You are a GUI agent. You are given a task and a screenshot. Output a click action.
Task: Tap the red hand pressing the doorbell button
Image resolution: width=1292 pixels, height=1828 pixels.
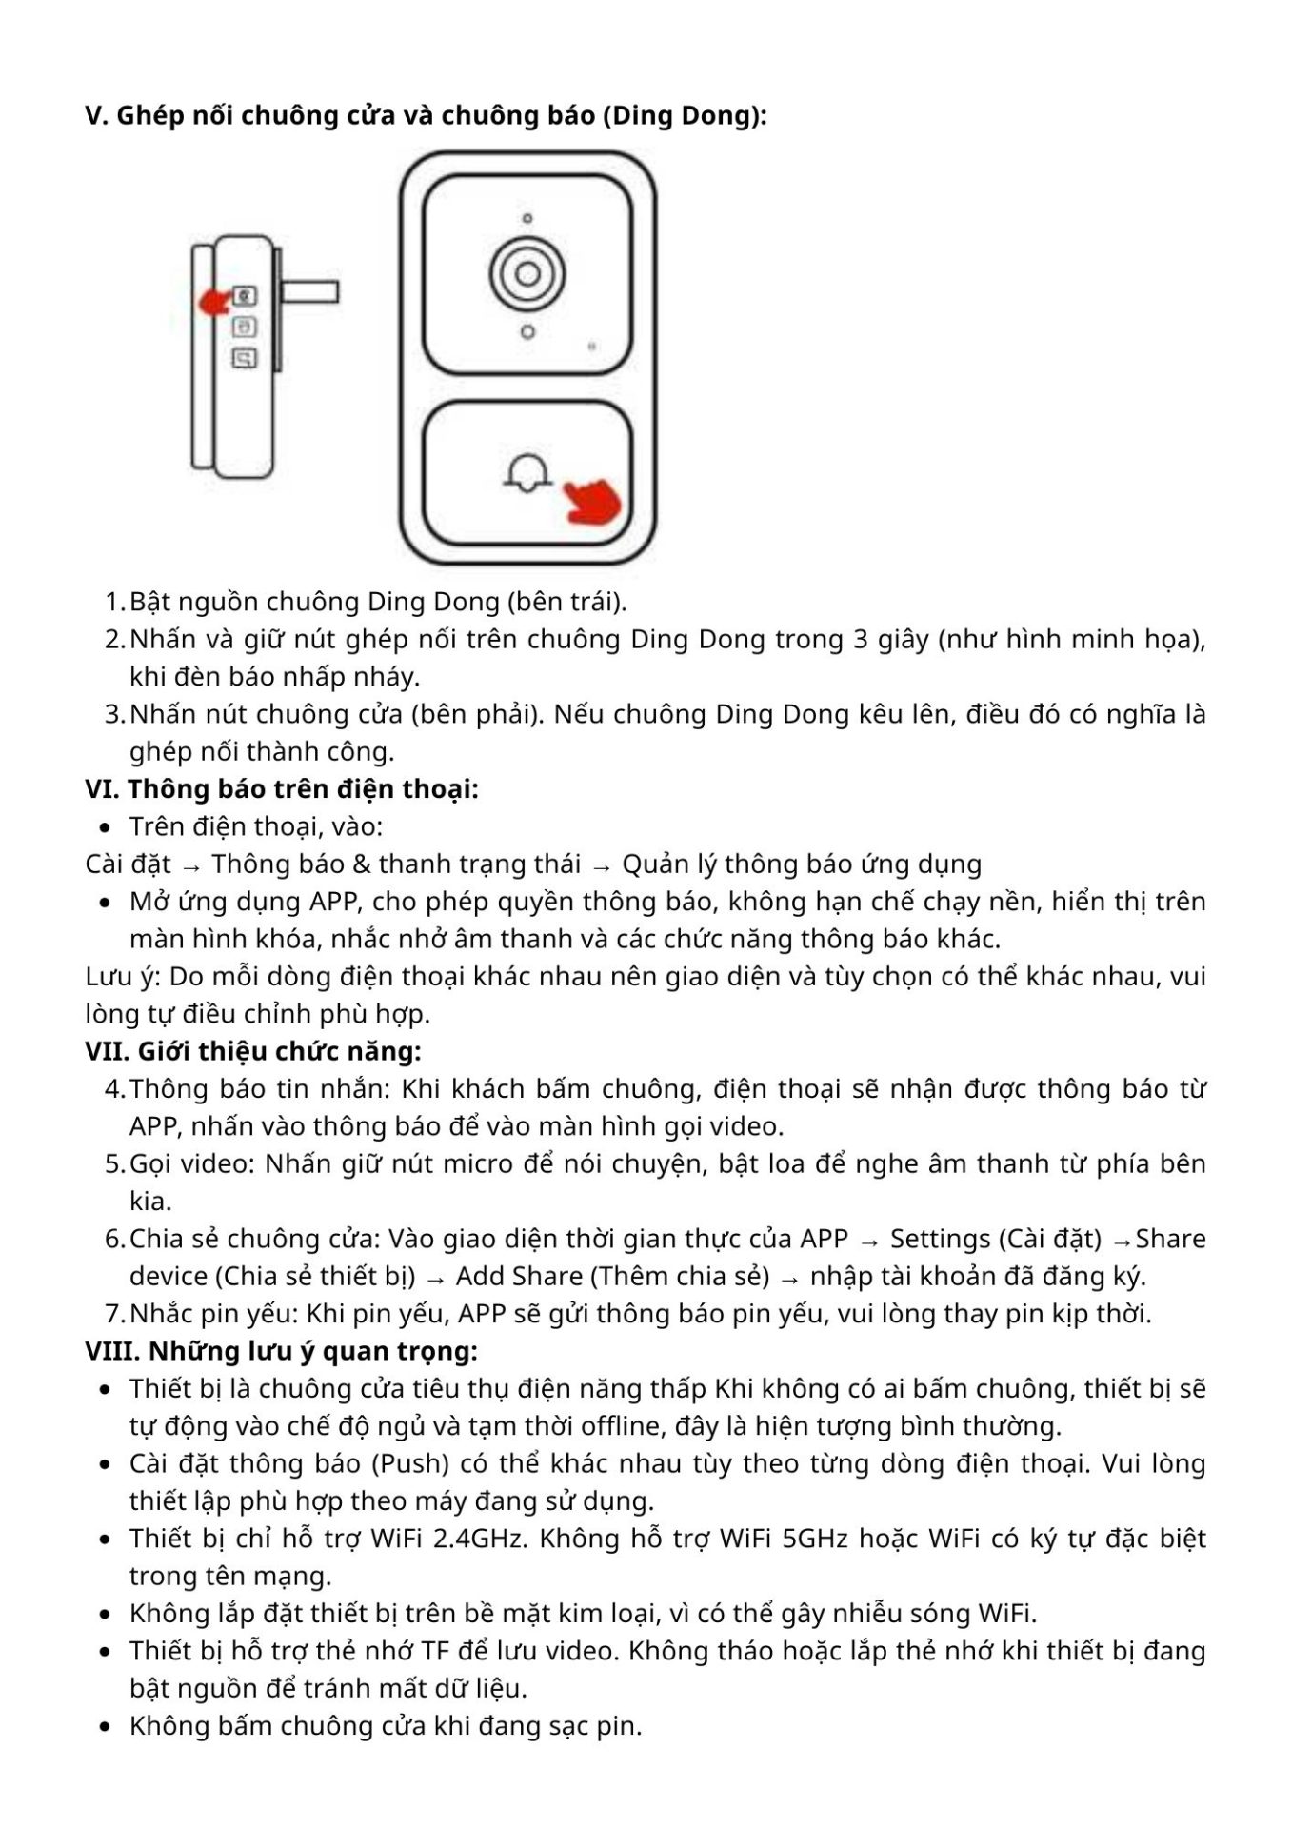(591, 501)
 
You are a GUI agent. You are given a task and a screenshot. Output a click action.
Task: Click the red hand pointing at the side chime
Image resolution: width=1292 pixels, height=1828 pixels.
(215, 301)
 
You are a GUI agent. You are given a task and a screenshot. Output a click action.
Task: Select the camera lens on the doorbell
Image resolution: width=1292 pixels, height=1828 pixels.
(527, 274)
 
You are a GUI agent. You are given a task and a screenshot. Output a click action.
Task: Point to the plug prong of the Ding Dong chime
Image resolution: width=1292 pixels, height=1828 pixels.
(309, 291)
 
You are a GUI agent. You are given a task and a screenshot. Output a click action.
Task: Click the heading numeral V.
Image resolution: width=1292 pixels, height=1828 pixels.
(95, 115)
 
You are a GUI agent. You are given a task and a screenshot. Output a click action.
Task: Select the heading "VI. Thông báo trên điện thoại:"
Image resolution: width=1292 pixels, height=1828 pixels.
(282, 788)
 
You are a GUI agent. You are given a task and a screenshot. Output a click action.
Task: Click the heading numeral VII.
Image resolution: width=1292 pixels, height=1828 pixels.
(107, 1051)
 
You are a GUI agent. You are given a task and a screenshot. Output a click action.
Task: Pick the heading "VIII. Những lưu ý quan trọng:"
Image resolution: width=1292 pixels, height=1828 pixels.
(282, 1351)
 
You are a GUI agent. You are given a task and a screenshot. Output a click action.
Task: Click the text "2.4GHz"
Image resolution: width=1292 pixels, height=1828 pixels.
(479, 1539)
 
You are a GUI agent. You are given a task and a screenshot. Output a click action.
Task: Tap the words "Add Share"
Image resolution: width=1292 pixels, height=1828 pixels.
(519, 1276)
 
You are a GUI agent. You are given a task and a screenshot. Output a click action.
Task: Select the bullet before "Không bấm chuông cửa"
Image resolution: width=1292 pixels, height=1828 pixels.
(106, 1727)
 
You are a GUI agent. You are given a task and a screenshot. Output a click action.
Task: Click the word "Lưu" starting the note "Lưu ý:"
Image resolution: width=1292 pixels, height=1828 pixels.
(108, 976)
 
